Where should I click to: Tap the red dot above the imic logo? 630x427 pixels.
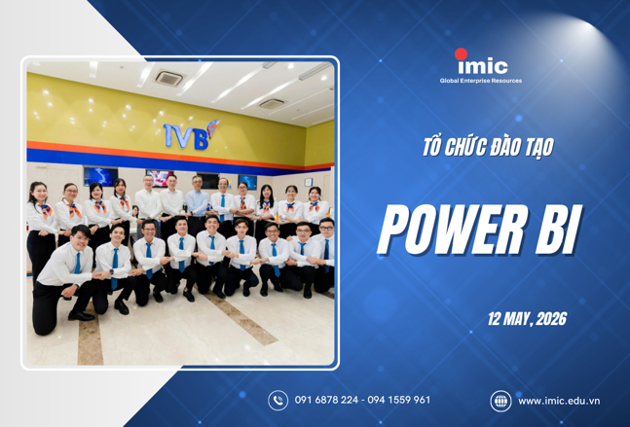coord(462,53)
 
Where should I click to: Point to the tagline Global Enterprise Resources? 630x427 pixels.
coord(481,81)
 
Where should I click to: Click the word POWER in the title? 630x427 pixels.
coord(445,231)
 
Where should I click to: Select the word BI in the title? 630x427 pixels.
coord(553,231)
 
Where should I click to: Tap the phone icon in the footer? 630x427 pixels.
coord(278,400)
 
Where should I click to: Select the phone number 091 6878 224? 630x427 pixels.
coord(327,400)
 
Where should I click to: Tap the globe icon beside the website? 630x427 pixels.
coord(500,400)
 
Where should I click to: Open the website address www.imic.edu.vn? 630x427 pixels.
coord(558,400)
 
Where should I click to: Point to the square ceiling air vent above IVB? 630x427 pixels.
coord(168,77)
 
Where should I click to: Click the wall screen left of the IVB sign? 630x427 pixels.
coord(100,176)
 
